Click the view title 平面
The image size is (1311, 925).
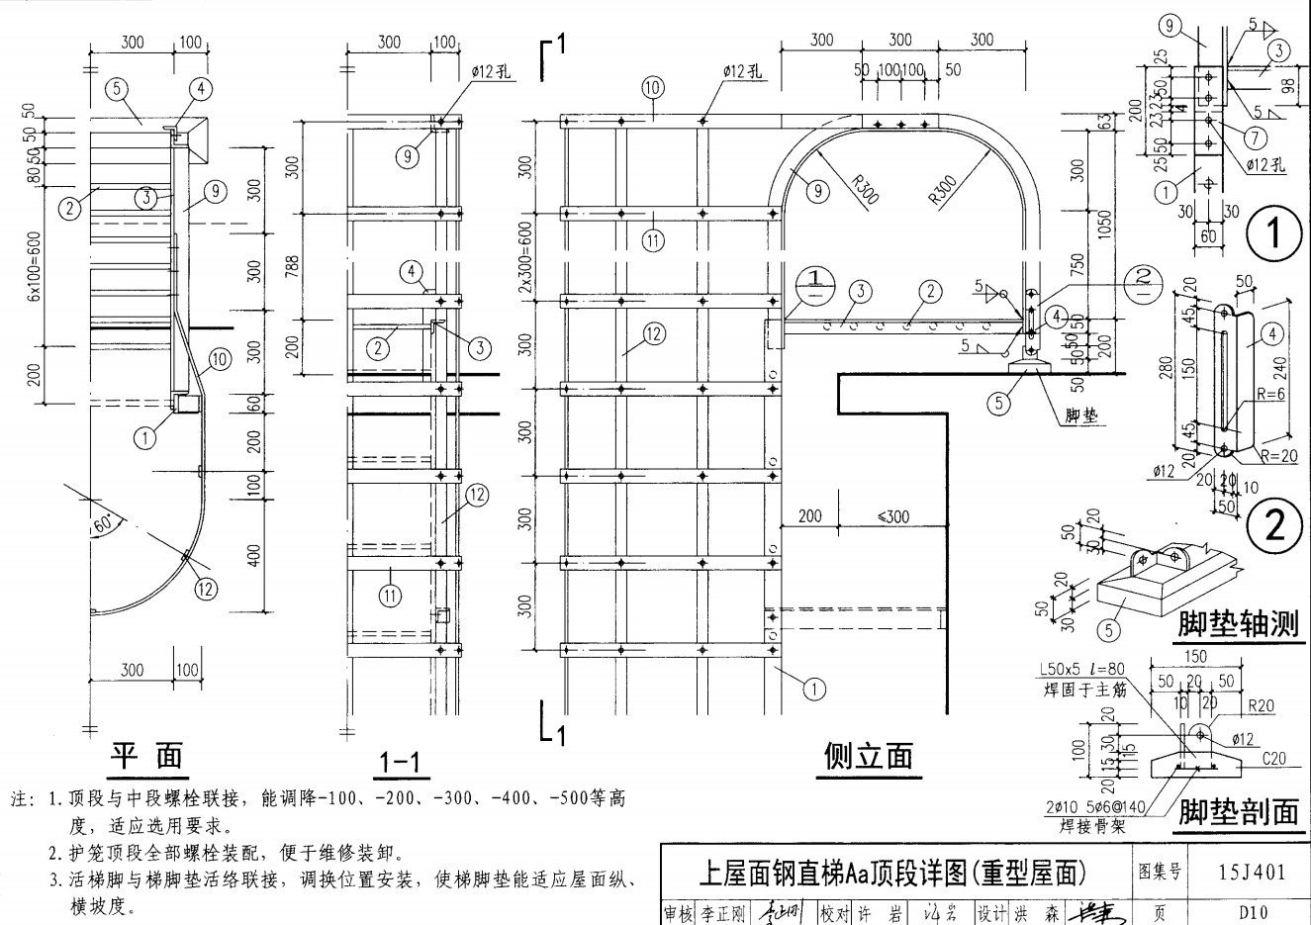coord(146,756)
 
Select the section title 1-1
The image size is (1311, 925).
coord(399,762)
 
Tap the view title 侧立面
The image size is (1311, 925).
coord(868,756)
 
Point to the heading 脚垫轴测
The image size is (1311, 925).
coord(1237,624)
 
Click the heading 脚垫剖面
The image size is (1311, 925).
coord(1238,812)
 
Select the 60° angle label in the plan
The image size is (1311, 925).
coord(104,524)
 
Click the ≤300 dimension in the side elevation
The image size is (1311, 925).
coord(892,515)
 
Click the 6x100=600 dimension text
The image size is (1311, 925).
coord(33,268)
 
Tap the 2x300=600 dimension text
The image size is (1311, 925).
coord(526,255)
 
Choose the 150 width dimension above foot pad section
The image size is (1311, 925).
coord(1194,657)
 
